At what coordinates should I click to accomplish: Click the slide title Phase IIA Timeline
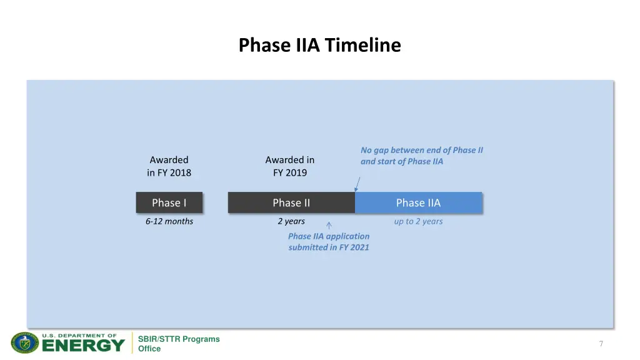(x=319, y=46)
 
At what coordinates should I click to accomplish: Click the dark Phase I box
(x=169, y=202)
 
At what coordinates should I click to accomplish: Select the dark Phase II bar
(x=291, y=202)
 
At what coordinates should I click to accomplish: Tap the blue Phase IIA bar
(x=418, y=202)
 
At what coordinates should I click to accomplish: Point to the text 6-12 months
(x=169, y=221)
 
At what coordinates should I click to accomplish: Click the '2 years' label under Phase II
(x=291, y=221)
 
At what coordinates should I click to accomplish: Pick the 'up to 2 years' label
(x=418, y=221)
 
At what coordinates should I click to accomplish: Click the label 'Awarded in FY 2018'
(x=169, y=166)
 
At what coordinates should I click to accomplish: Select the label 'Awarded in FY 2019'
(x=290, y=166)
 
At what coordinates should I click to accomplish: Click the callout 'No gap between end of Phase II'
(x=421, y=150)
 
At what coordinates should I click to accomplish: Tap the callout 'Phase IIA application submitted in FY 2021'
(x=329, y=241)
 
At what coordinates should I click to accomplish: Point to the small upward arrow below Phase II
(x=329, y=226)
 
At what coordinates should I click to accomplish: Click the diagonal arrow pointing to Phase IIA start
(x=358, y=183)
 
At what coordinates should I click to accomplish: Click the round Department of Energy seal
(x=25, y=342)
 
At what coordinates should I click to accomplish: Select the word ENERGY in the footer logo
(x=83, y=346)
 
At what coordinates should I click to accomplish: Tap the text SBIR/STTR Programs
(x=179, y=339)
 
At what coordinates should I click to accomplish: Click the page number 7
(x=601, y=344)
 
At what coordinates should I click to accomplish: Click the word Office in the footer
(x=149, y=349)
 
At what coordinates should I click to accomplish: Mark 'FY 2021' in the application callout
(x=354, y=247)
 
